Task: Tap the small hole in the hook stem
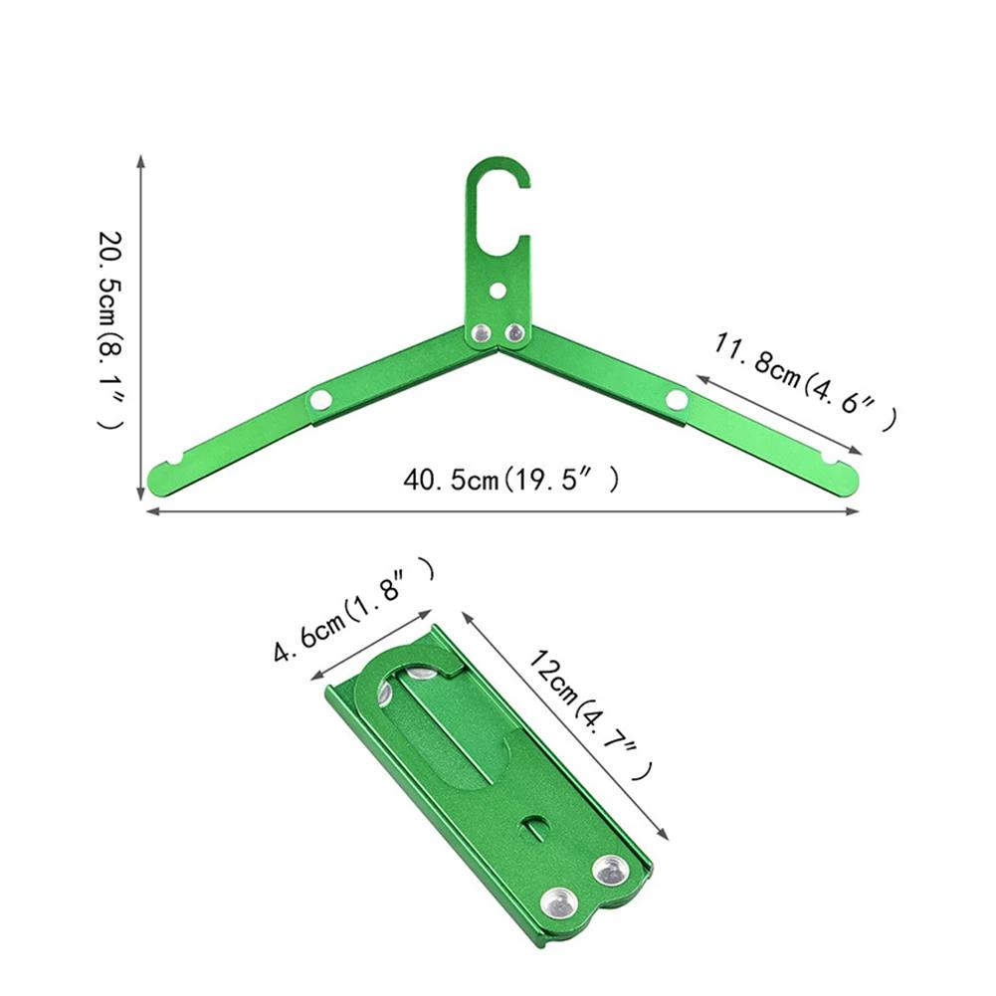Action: click(498, 291)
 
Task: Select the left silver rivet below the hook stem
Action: click(482, 333)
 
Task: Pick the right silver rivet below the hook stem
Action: click(514, 333)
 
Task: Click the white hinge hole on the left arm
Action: click(320, 400)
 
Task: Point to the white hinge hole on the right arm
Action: click(677, 400)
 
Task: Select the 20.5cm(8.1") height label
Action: click(110, 329)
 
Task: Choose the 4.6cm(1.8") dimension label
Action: click(354, 610)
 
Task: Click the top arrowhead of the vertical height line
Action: click(141, 160)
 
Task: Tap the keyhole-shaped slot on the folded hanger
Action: click(535, 825)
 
